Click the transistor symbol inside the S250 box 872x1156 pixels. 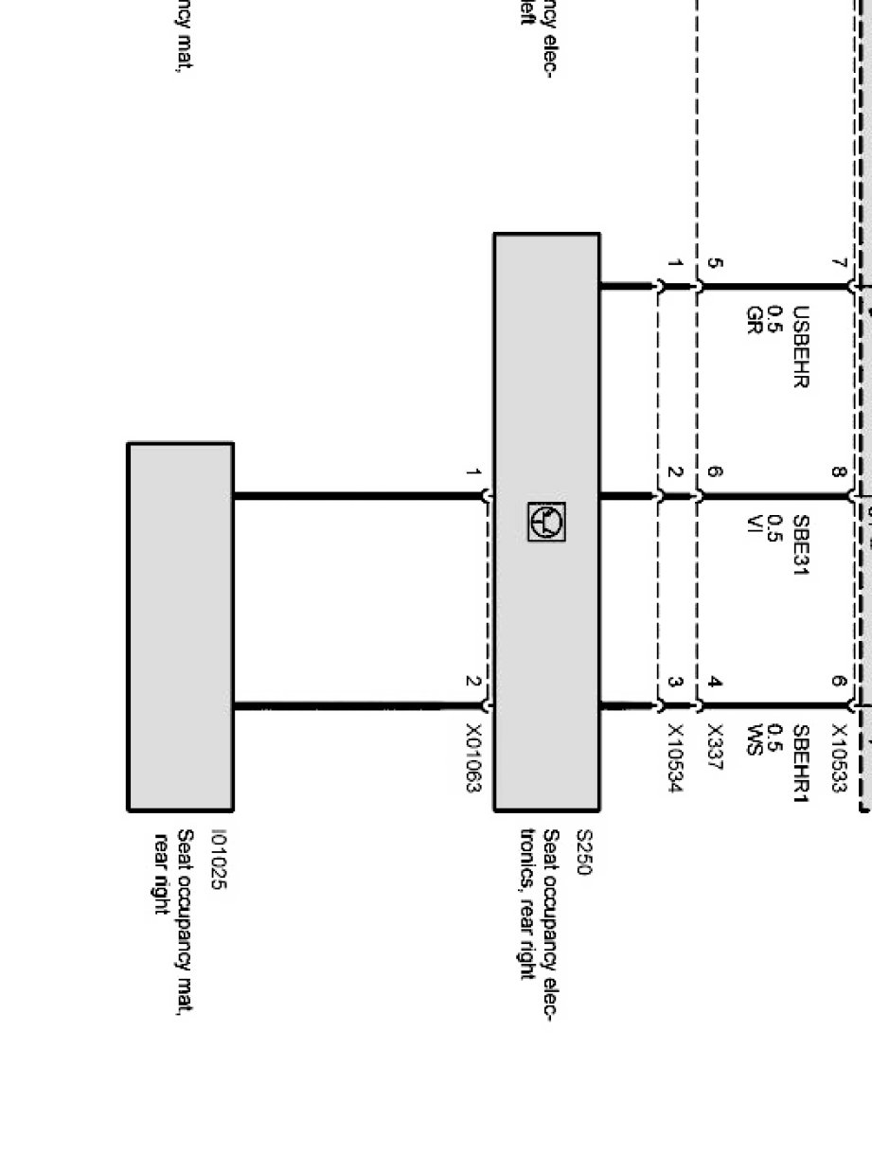[546, 522]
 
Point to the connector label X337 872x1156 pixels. [715, 748]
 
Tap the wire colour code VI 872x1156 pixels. [755, 523]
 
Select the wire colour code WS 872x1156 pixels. [755, 736]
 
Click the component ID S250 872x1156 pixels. [584, 853]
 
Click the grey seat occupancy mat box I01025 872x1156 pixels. [180, 626]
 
